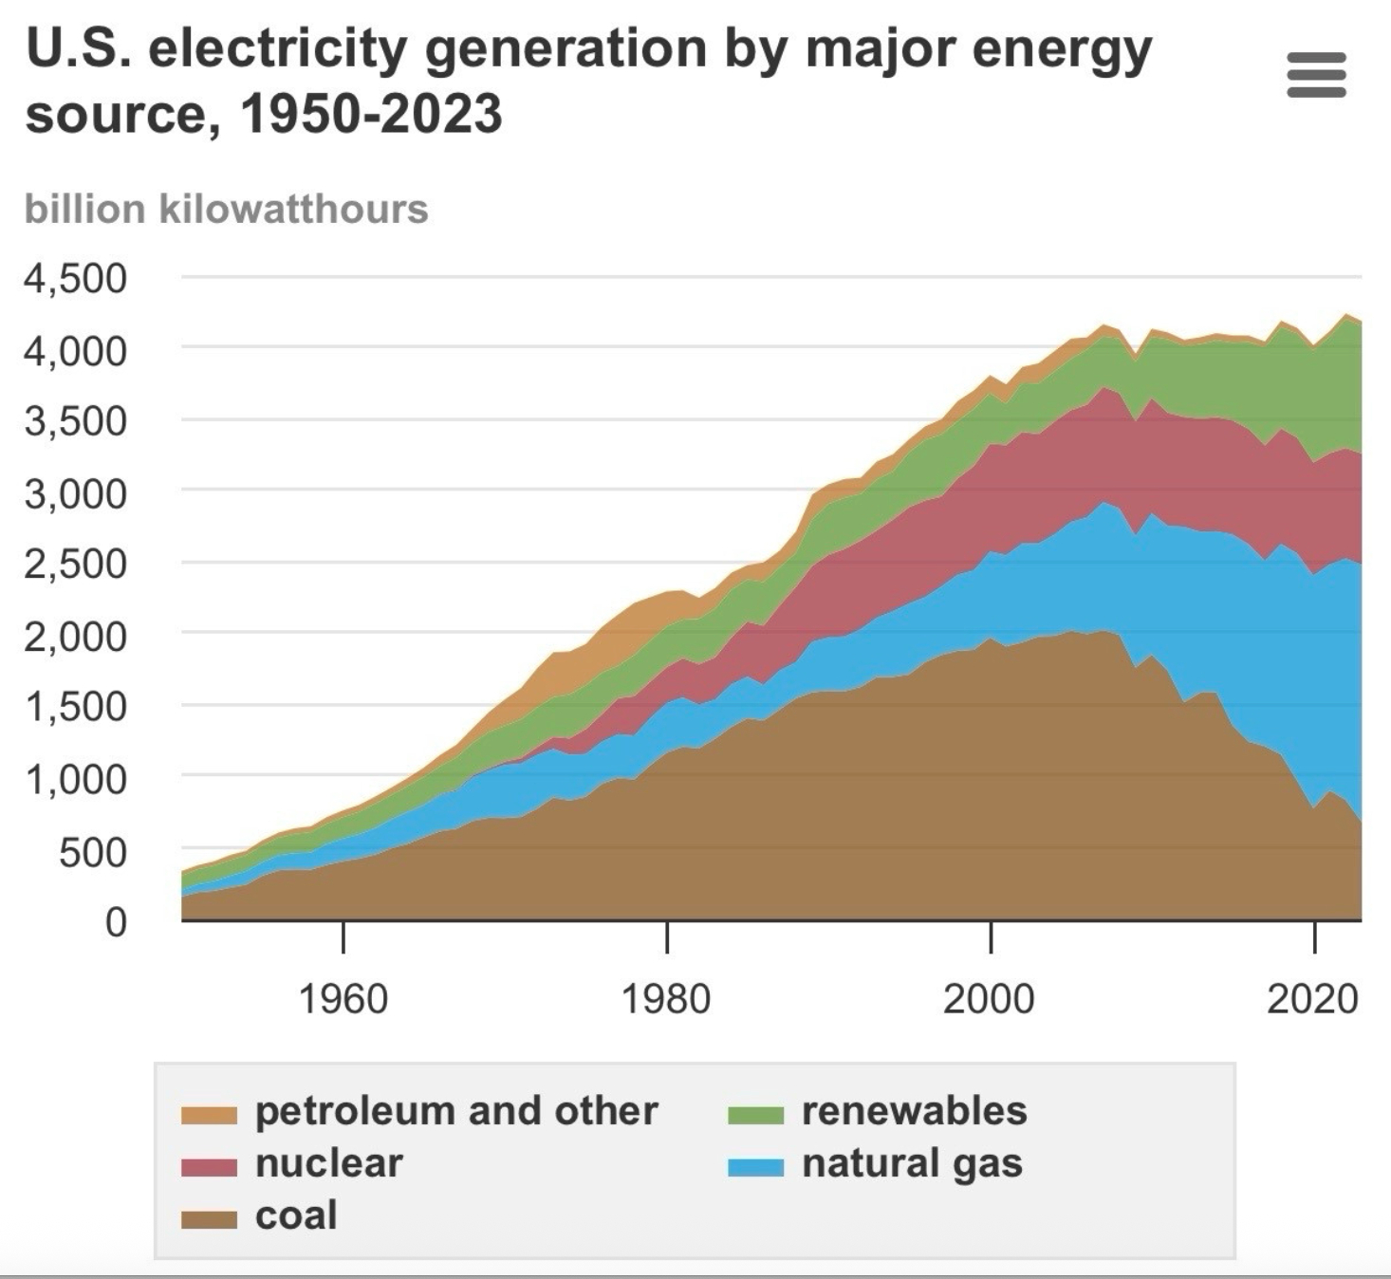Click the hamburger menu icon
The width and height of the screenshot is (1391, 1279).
[x=1316, y=75]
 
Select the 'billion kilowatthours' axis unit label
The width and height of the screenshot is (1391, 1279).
[x=226, y=209]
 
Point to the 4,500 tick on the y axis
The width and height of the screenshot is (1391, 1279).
[x=75, y=278]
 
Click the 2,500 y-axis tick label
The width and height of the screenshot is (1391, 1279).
[x=75, y=564]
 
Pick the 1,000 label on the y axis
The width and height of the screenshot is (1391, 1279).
[x=75, y=779]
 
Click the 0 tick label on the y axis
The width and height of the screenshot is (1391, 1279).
[x=115, y=921]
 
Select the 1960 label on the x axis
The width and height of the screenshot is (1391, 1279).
[x=343, y=998]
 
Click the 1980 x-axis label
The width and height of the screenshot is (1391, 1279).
[x=666, y=998]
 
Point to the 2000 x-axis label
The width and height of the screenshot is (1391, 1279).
[x=989, y=998]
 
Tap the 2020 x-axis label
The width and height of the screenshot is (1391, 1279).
[x=1313, y=998]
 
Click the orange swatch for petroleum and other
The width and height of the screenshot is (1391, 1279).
[x=209, y=1114]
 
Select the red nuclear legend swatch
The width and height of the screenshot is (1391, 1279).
[x=209, y=1166]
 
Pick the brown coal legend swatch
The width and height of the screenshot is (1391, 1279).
[x=209, y=1218]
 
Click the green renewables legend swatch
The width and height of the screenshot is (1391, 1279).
[x=756, y=1114]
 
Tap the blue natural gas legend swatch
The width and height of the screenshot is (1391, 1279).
[x=756, y=1166]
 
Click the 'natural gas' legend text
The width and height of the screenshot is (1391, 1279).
[x=912, y=1164]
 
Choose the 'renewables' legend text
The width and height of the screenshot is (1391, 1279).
[x=914, y=1111]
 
